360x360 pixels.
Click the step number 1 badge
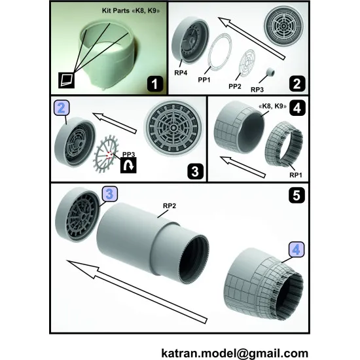click(x=153, y=84)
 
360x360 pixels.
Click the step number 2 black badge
click(x=297, y=84)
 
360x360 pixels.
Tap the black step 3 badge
click(x=194, y=171)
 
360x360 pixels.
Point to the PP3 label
click(x=129, y=153)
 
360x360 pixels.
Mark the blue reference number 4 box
click(x=297, y=249)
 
